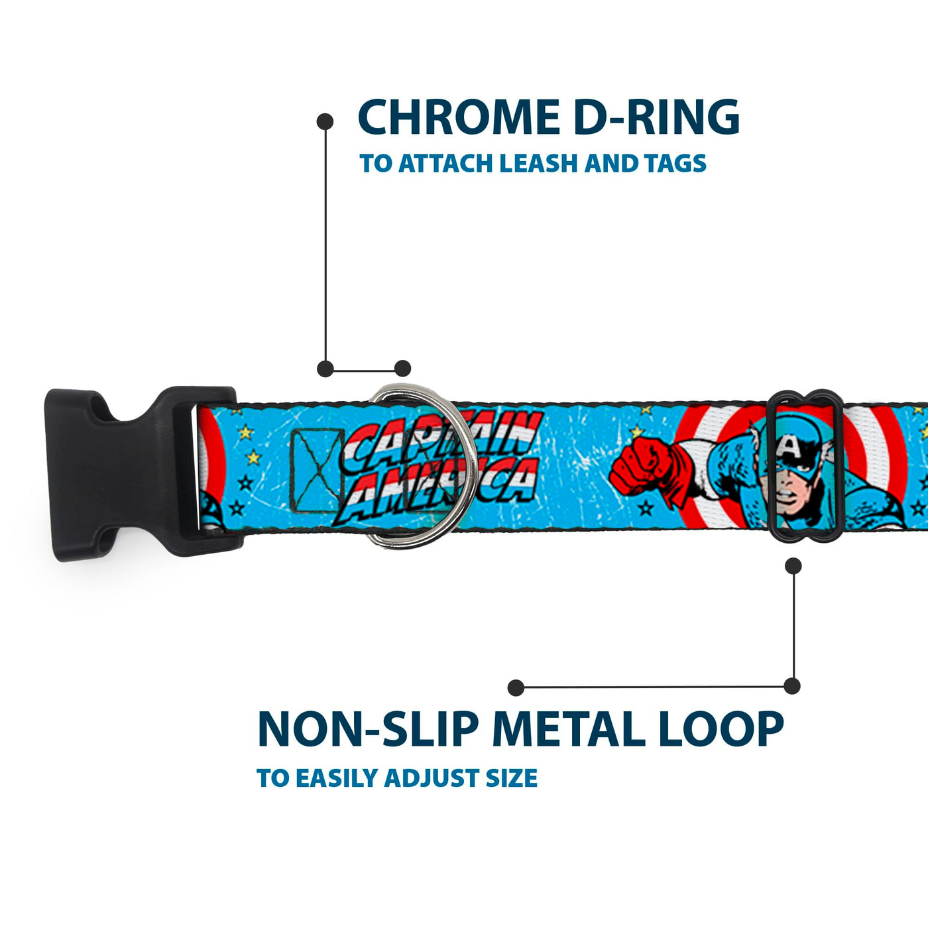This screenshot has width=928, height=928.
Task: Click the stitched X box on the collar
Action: [x=317, y=469]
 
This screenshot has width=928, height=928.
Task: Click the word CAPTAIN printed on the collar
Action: [x=444, y=439]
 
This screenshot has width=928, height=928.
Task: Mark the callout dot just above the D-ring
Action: [x=402, y=369]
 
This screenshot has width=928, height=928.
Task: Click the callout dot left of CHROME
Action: [x=325, y=121]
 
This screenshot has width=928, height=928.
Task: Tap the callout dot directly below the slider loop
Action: [x=793, y=565]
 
